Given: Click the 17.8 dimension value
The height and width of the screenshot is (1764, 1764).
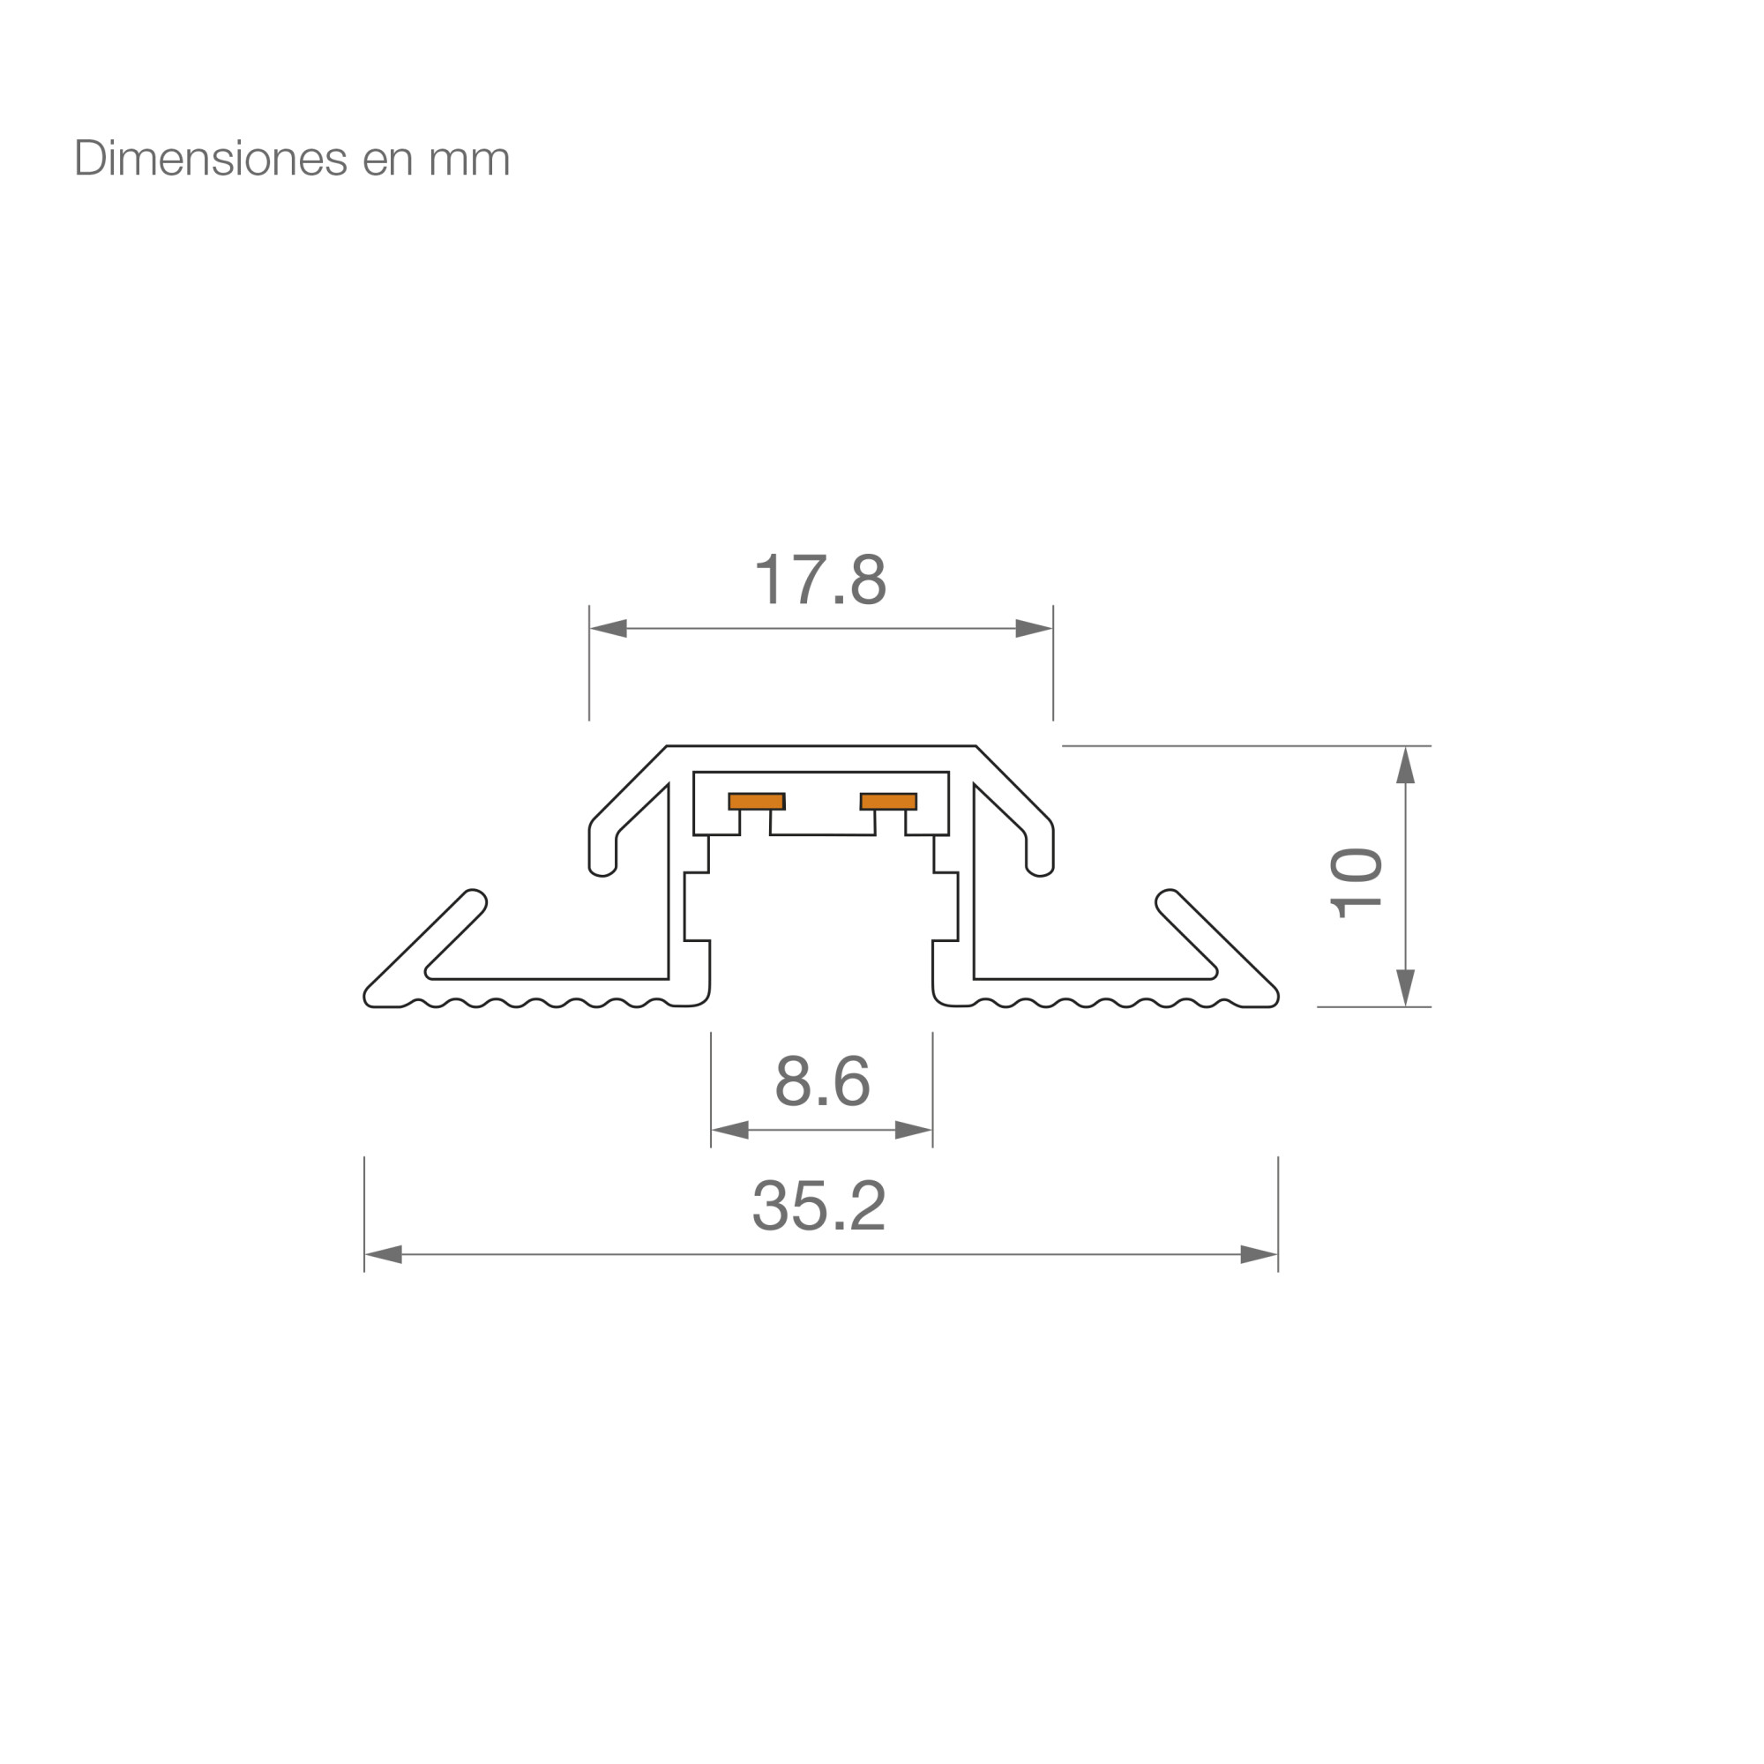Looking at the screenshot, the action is point(821,579).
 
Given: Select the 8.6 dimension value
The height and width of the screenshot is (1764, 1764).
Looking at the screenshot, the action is point(822,1081).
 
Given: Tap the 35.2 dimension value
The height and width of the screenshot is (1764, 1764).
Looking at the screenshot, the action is point(819,1205).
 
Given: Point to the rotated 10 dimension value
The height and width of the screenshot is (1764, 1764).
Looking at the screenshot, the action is point(1356,883).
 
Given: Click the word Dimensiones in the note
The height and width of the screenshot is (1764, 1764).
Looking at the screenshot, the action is point(211,158).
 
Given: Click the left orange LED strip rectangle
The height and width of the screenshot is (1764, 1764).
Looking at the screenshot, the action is point(756,802).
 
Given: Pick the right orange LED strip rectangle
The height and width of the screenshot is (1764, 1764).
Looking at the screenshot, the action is point(888,802).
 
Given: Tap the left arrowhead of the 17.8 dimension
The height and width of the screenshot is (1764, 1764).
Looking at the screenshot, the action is point(608,628).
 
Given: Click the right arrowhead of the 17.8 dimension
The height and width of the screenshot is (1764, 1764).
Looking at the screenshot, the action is point(1035,628).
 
